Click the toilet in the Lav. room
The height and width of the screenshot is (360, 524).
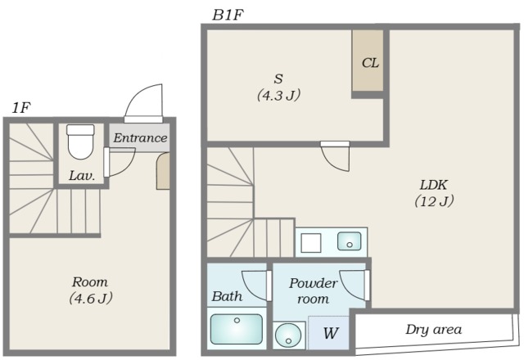(x=80, y=142)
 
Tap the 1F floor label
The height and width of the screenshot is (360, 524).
(x=21, y=108)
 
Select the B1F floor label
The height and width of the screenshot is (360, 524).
(x=228, y=15)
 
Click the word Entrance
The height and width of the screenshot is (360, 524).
(x=140, y=138)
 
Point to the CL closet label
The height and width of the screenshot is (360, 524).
(x=370, y=63)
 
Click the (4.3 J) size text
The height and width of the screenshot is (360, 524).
(x=278, y=95)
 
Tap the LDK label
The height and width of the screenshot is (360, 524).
(x=434, y=185)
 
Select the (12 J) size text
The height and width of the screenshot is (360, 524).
(x=434, y=201)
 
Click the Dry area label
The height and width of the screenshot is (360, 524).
(x=433, y=330)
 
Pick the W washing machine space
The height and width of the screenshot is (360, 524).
(x=328, y=333)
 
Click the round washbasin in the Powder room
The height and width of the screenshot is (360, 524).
(x=289, y=335)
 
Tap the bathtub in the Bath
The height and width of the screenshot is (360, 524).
(x=237, y=329)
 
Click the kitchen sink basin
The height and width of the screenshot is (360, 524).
(x=350, y=241)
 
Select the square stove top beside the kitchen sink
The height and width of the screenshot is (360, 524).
(x=311, y=243)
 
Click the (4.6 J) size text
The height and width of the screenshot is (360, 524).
(x=91, y=298)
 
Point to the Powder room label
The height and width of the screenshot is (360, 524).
(x=313, y=290)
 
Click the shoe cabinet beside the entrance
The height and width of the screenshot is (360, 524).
(x=163, y=171)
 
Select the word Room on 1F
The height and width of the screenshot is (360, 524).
(x=90, y=282)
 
